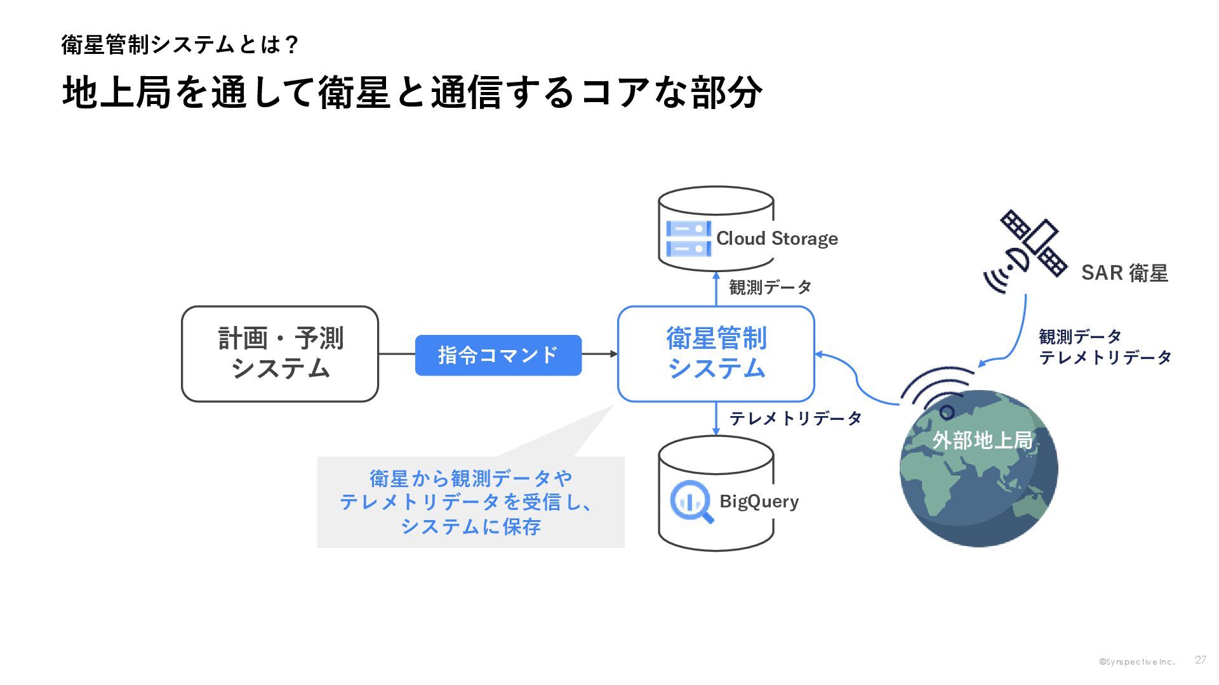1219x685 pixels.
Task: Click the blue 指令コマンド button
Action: click(498, 355)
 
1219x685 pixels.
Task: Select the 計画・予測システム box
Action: click(280, 354)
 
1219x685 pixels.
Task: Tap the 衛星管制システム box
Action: click(716, 354)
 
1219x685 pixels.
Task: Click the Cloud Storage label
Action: click(777, 238)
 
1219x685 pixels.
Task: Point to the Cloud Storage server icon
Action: click(688, 238)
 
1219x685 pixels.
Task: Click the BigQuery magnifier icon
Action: click(691, 502)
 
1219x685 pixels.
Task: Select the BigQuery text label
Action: click(759, 501)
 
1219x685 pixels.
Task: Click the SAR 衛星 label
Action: click(1124, 273)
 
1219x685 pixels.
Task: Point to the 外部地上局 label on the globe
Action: click(982, 440)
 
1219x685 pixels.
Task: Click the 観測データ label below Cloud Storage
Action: click(770, 287)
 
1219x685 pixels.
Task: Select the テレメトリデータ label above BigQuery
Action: click(796, 419)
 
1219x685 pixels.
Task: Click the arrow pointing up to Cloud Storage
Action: click(716, 289)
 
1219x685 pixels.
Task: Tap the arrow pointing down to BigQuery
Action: click(716, 419)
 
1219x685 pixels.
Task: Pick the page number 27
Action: click(1200, 660)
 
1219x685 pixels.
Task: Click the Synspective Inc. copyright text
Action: click(1137, 662)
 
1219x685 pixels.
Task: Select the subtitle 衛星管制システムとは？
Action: click(180, 45)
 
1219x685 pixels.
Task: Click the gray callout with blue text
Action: click(470, 502)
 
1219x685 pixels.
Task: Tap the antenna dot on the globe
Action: click(947, 413)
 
